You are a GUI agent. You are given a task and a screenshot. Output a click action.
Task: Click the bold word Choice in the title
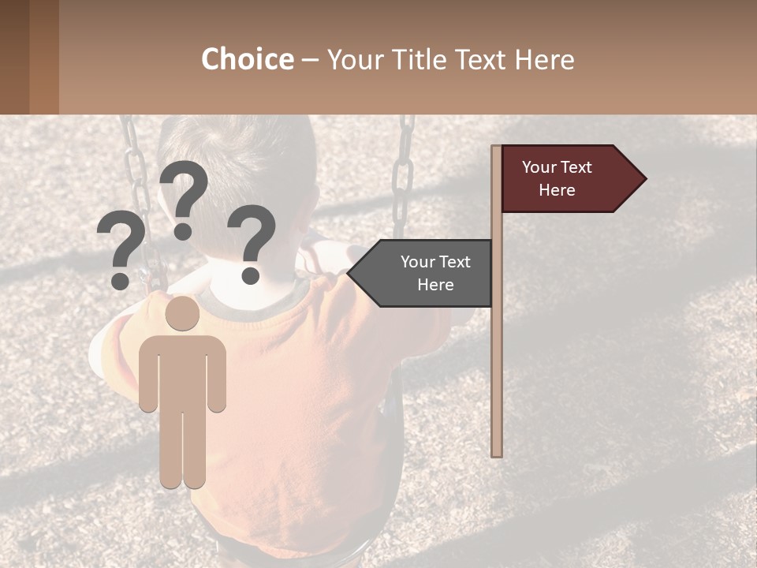tap(247, 59)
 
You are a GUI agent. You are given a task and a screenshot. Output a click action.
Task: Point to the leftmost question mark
tap(120, 252)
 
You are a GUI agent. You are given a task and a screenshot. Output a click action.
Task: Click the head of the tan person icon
tap(182, 313)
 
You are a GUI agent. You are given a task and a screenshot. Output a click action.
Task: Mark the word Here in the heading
tap(544, 59)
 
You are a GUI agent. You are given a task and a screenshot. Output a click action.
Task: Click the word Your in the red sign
tap(539, 167)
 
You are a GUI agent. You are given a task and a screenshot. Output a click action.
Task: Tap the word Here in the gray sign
tap(435, 285)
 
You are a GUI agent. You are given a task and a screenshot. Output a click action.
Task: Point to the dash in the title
tap(310, 60)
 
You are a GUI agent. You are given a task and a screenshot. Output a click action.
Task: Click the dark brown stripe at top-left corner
tap(14, 57)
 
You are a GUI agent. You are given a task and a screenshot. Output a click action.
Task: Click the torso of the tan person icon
tap(182, 371)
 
